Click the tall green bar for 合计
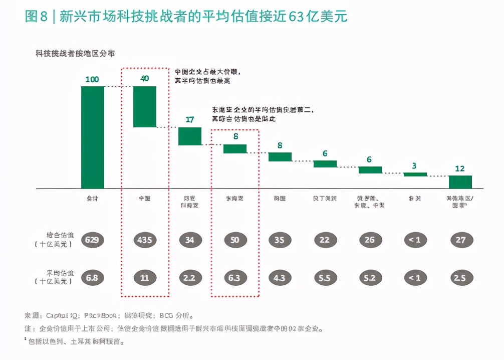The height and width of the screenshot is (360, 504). pyautogui.click(x=93, y=137)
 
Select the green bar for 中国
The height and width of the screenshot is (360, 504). pyautogui.click(x=144, y=106)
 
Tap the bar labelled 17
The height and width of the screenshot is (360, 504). pyautogui.click(x=190, y=136)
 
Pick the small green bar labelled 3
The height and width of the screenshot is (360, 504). pyautogui.click(x=415, y=174)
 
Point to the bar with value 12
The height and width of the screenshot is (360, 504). pyautogui.click(x=460, y=182)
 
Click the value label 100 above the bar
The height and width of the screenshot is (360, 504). pyautogui.click(x=92, y=79)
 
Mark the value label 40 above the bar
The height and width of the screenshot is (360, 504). pyautogui.click(x=144, y=78)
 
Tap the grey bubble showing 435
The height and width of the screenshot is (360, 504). pyautogui.click(x=144, y=240)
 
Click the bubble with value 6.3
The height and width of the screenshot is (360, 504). pyautogui.click(x=234, y=278)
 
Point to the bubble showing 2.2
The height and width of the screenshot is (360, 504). pyautogui.click(x=189, y=278)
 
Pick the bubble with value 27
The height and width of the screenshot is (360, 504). pyautogui.click(x=459, y=240)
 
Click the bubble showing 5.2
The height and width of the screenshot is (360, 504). pyautogui.click(x=370, y=278)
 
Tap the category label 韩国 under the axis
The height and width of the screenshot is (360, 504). pyautogui.click(x=280, y=199)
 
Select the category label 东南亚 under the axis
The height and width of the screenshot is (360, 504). pyautogui.click(x=234, y=199)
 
